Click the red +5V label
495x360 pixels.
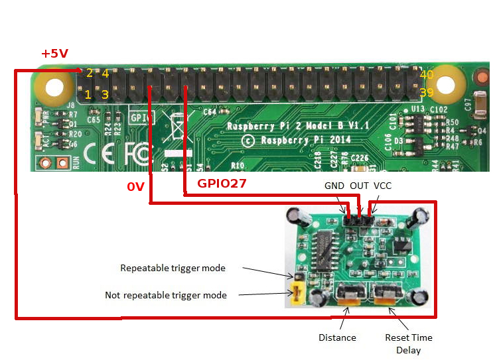(x=54, y=54)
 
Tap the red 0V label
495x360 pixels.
(x=135, y=188)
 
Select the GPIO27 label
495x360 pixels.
(x=222, y=184)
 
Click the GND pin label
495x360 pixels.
(x=334, y=186)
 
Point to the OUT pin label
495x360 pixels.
(x=359, y=186)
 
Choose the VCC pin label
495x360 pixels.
(x=383, y=186)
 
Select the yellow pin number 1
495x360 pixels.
(x=88, y=94)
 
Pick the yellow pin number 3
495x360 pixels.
(x=105, y=94)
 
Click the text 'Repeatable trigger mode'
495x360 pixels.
(x=173, y=269)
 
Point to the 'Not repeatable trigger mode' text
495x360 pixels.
(x=166, y=295)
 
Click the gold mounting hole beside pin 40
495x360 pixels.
(x=448, y=85)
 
